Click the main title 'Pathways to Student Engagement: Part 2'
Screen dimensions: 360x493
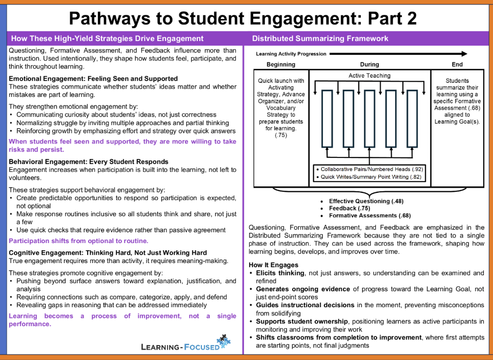[x=242, y=18]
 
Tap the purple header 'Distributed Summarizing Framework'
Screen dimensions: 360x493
[x=320, y=38]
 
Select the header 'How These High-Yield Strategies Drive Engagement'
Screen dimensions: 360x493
[x=107, y=38]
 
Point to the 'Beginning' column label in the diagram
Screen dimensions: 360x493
[x=281, y=65]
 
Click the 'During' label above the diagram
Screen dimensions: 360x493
[x=369, y=65]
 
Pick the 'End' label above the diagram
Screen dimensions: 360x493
[x=457, y=65]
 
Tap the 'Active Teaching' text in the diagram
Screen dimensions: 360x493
[x=369, y=76]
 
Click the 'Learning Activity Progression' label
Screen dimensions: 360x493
[x=291, y=54]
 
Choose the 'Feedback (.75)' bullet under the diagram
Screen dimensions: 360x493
[x=350, y=209]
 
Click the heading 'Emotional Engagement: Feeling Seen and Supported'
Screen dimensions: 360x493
[x=93, y=79]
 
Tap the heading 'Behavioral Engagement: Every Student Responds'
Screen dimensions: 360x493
[x=89, y=162]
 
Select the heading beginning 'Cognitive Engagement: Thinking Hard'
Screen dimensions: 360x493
[x=108, y=253]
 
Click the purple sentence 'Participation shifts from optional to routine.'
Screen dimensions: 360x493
[x=78, y=241]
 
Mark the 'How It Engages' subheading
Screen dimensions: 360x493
[x=273, y=265]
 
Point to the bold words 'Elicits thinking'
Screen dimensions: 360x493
[x=280, y=273]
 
